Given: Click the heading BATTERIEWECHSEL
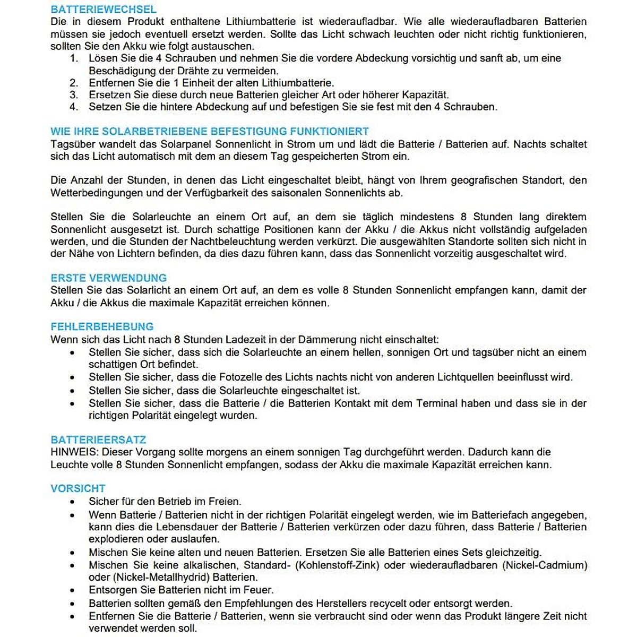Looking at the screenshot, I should pyautogui.click(x=104, y=10).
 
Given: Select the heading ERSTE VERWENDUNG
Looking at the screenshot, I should pyautogui.click(x=108, y=278).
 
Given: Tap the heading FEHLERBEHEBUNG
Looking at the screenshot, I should pyautogui.click(x=102, y=326).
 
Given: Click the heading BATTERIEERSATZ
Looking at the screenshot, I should pyautogui.click(x=98, y=440).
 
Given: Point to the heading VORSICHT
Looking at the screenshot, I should pyautogui.click(x=78, y=488).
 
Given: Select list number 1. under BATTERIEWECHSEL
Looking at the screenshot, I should pyautogui.click(x=74, y=58).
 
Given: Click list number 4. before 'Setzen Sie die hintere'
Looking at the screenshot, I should pyautogui.click(x=74, y=107).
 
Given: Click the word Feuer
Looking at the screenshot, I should pyautogui.click(x=260, y=590).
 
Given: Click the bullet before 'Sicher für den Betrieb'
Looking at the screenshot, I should pyautogui.click(x=72, y=502).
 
